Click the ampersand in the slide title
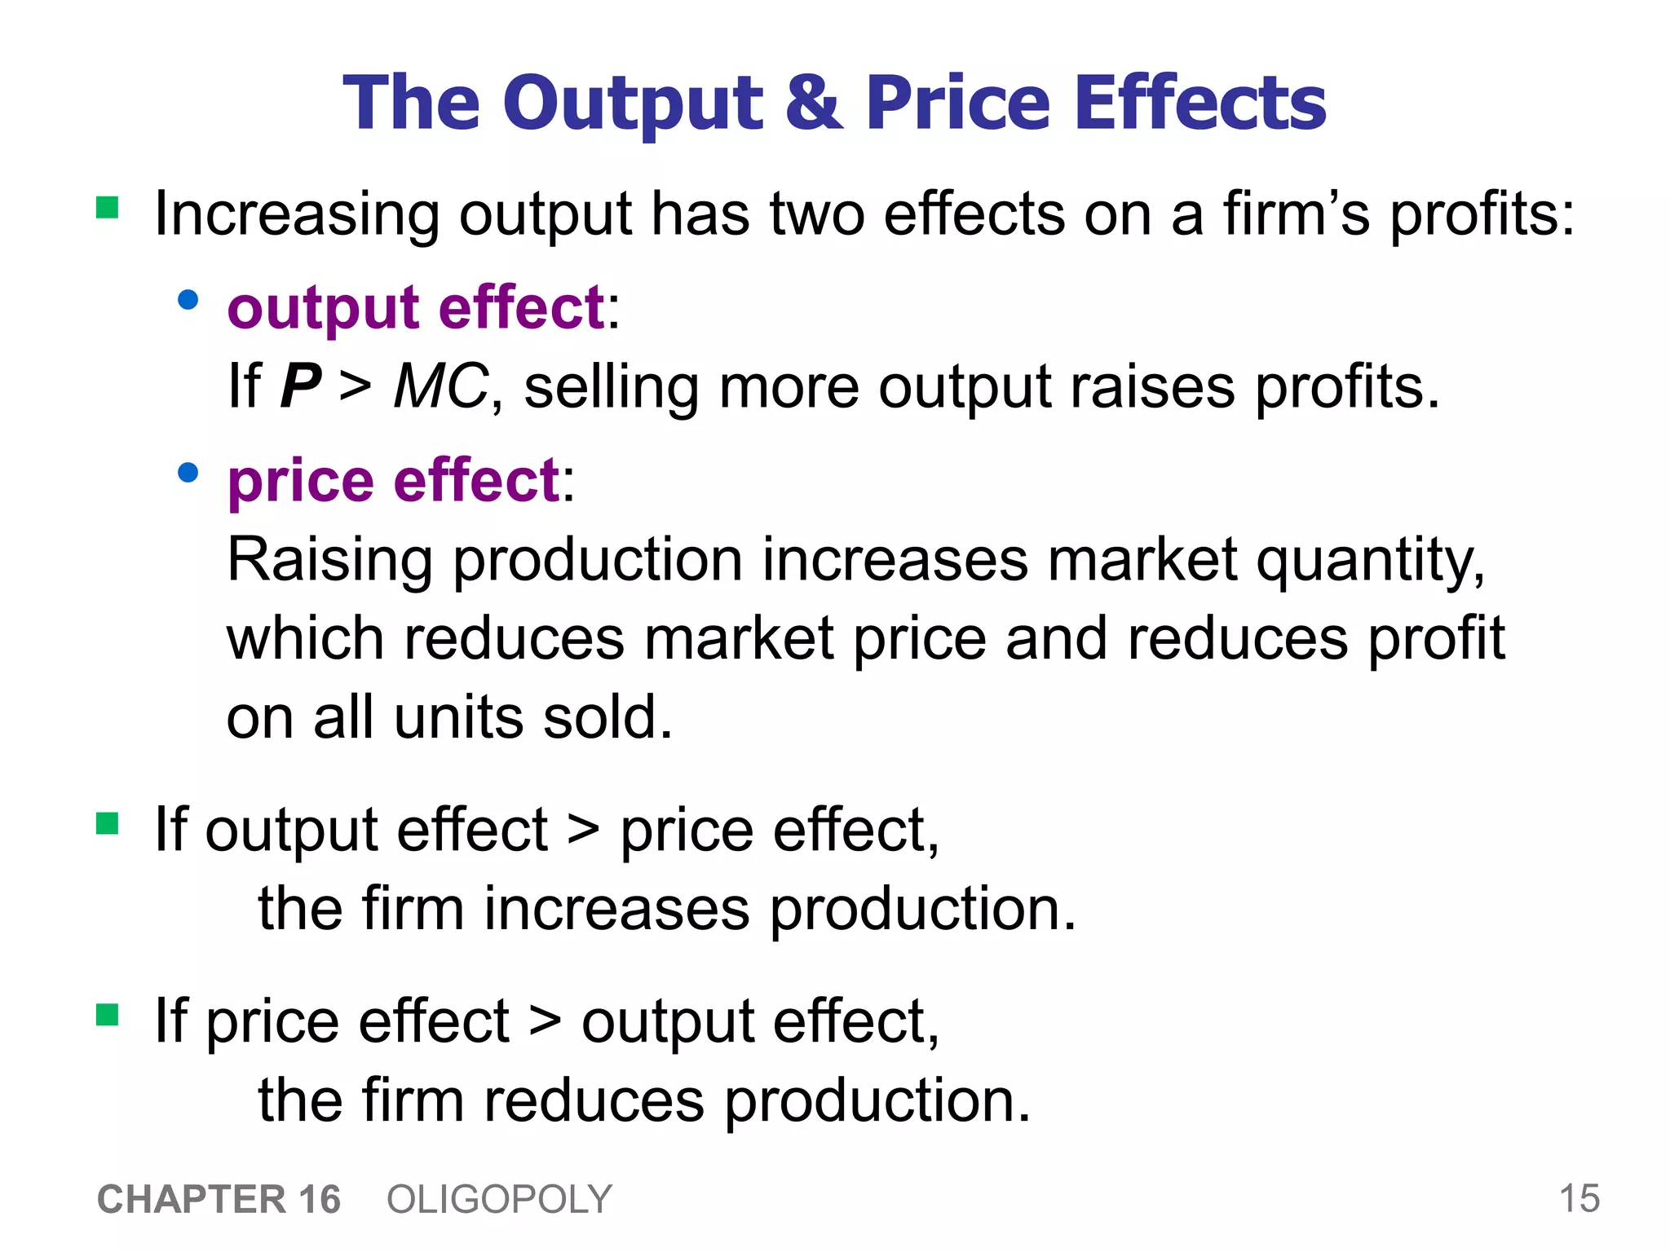[x=813, y=103]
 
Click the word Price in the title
[x=957, y=103]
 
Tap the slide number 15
[x=1579, y=1199]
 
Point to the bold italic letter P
[x=300, y=386]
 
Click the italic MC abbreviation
[x=441, y=386]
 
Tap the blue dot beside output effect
[x=188, y=300]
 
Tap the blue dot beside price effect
[x=188, y=473]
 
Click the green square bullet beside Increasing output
[x=108, y=208]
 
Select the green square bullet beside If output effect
[x=108, y=823]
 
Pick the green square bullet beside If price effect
[x=108, y=1015]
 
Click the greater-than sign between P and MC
[x=356, y=386]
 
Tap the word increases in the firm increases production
[x=616, y=910]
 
